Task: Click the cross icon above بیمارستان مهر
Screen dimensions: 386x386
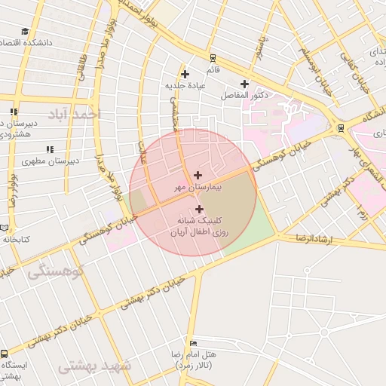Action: pos(198,175)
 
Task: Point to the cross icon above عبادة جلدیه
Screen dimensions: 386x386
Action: pos(185,74)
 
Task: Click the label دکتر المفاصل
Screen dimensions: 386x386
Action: pos(239,96)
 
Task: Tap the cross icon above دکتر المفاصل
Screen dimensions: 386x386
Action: pos(244,84)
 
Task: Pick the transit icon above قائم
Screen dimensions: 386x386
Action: pos(213,57)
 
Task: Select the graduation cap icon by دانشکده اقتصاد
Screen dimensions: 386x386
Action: pos(25,32)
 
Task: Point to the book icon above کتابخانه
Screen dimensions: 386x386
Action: pos(4,228)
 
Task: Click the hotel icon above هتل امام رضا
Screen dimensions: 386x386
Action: pos(194,344)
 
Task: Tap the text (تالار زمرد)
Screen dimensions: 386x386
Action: pos(195,365)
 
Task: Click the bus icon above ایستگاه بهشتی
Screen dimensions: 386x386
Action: pos(5,354)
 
